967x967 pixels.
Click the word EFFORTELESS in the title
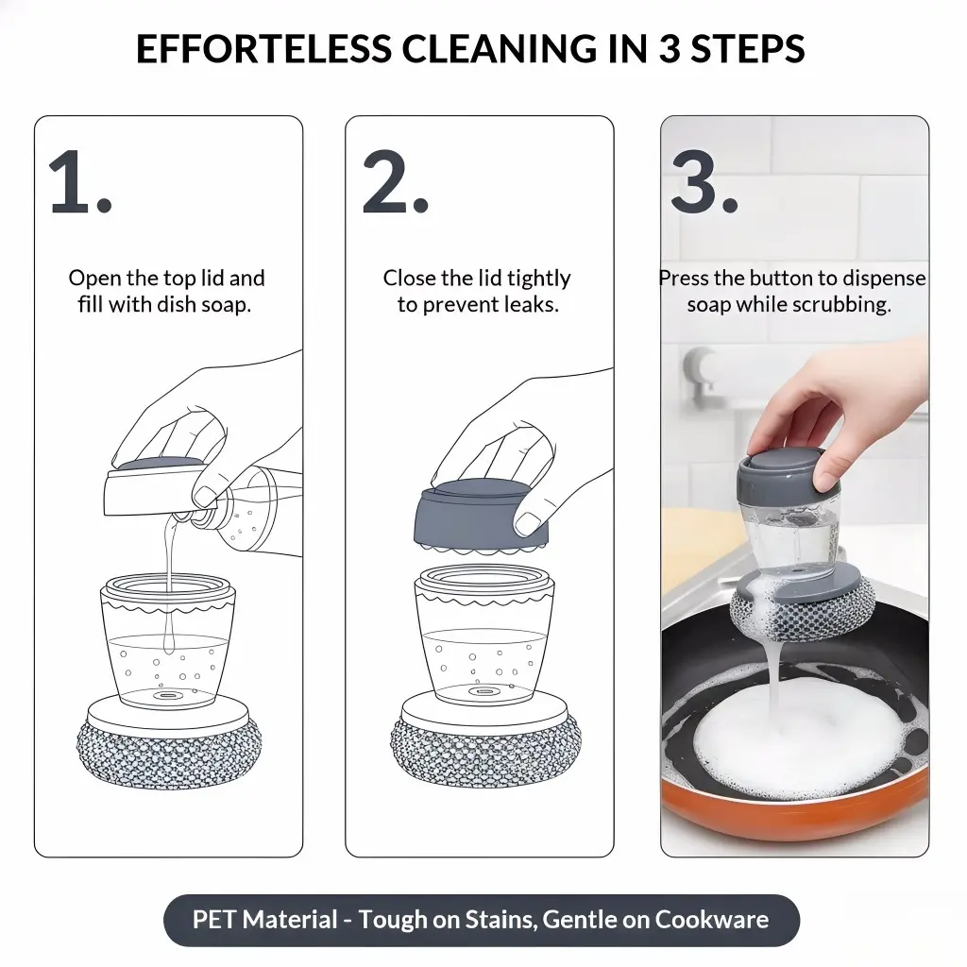(264, 49)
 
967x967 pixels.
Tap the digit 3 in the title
(670, 49)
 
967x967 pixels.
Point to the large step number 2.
(396, 182)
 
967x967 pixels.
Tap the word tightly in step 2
(539, 279)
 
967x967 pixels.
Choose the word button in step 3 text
(781, 279)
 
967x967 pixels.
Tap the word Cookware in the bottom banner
(712, 920)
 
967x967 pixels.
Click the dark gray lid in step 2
(481, 515)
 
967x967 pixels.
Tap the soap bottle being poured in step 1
(254, 509)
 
